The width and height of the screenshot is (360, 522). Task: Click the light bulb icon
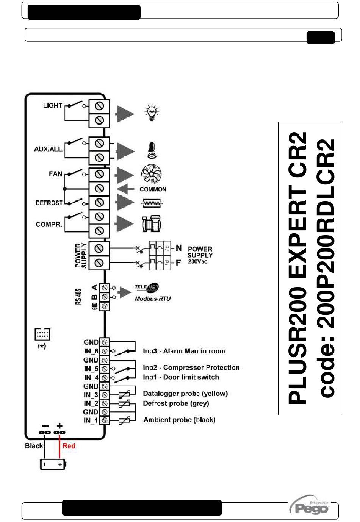[152, 113]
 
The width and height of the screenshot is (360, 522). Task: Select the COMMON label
[153, 189]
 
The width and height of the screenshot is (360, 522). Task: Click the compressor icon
[151, 224]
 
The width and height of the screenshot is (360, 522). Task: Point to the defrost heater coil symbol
[152, 203]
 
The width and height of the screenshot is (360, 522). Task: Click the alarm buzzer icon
[152, 150]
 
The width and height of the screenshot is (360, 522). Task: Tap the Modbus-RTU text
[153, 299]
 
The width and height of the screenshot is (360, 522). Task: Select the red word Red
[69, 446]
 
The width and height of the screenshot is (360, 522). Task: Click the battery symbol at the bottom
[53, 464]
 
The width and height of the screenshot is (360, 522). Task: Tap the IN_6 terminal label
[91, 351]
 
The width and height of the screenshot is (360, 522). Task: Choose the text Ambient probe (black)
[179, 420]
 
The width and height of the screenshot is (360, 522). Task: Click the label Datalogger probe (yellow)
[185, 394]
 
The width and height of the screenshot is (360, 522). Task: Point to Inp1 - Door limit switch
[181, 377]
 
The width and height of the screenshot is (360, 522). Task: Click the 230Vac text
[197, 261]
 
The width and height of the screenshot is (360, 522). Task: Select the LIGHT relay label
[52, 105]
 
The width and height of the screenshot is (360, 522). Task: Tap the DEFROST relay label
[49, 203]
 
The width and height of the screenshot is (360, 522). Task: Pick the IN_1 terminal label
[91, 420]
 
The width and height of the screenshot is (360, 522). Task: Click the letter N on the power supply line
[178, 248]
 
